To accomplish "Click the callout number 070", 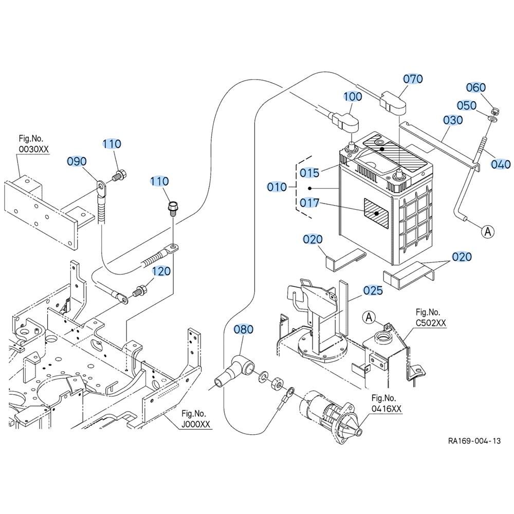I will [x=413, y=79].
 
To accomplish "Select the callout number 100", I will [x=353, y=96].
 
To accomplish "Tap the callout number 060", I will [x=476, y=88].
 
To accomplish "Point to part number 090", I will [x=77, y=161].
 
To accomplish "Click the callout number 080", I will [x=244, y=329].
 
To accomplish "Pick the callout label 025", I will [x=373, y=291].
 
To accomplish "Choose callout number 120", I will [x=161, y=271].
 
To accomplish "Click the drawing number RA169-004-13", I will [x=473, y=441].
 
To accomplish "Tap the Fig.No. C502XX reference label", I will [x=431, y=318].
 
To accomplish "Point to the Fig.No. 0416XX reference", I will [x=386, y=403].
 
